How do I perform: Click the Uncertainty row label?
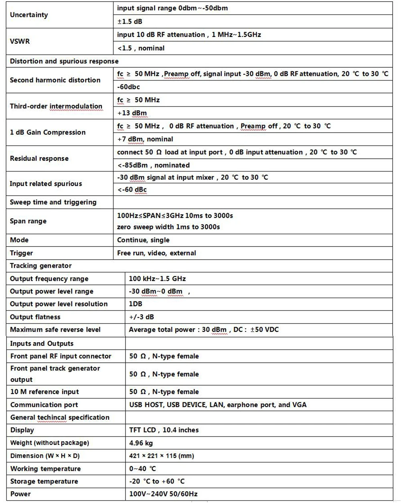29,15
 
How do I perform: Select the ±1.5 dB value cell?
130,21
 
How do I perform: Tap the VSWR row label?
20,41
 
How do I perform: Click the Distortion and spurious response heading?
64,61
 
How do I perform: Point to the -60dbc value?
128,87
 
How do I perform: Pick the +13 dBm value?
132,113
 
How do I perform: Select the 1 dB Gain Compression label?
48,132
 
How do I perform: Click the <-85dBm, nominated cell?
153,165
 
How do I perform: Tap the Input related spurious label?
46,184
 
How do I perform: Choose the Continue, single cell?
143,240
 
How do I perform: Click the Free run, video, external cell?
156,253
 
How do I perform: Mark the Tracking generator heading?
41,266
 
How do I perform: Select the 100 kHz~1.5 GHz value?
157,279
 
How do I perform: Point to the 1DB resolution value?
136,304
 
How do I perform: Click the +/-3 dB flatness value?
141,317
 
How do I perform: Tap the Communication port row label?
44,405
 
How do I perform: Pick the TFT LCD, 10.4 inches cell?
164,430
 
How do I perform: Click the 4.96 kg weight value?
141,443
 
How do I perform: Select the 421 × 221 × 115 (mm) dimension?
161,456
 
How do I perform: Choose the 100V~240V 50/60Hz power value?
163,494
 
